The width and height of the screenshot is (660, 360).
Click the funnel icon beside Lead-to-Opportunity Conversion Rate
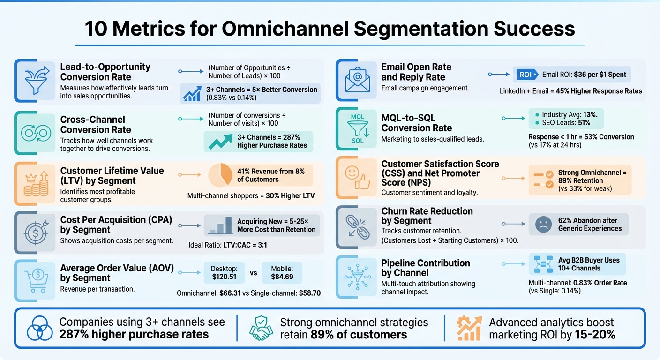point(36,80)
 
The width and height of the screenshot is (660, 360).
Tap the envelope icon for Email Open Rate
point(357,80)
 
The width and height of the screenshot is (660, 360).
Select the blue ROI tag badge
point(525,74)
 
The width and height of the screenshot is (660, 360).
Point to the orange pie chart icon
point(220,175)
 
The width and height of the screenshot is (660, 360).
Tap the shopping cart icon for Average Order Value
point(36,280)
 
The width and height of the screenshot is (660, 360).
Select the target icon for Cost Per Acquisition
point(36,231)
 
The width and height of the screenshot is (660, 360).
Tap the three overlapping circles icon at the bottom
point(39,328)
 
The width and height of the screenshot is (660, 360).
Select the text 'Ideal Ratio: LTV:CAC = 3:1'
point(228,245)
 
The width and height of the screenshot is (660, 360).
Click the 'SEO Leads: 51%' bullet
point(566,123)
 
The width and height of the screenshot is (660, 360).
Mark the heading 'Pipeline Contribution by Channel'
point(426,268)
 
